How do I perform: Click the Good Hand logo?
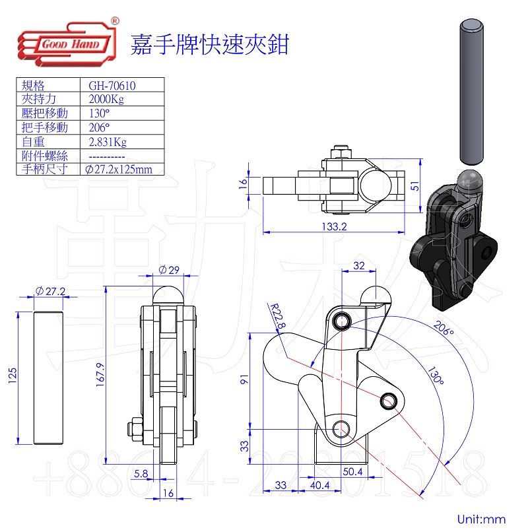point(67,42)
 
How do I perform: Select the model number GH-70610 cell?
point(112,86)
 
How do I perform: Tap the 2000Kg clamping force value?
point(106,99)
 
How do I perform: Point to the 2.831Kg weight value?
point(108,142)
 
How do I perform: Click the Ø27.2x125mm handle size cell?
point(119,169)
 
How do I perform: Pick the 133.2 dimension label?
point(334,226)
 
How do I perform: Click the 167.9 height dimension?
point(100,374)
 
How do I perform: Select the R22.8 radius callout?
point(278,316)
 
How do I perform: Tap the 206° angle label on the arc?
point(443,328)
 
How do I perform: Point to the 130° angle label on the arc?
point(436,376)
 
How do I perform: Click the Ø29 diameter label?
point(169,270)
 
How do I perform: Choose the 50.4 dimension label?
point(352,471)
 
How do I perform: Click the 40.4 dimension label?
point(320,485)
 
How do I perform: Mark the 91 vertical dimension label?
point(244,380)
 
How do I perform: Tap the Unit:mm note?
point(481,519)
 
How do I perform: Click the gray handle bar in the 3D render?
point(471,92)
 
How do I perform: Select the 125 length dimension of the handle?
point(12,375)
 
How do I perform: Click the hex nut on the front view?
point(135,429)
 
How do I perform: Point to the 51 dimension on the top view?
point(414,186)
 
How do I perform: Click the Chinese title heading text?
point(210,45)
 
